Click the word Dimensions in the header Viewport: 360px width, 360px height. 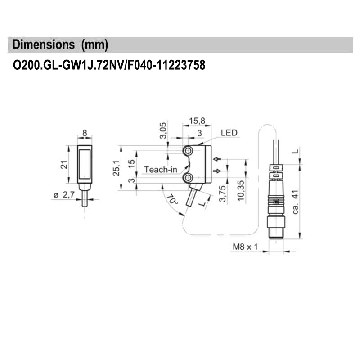click(x=44, y=45)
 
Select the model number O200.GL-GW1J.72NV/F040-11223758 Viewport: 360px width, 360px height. click(x=109, y=66)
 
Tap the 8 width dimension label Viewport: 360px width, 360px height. click(x=84, y=133)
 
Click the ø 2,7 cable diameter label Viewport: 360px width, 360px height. click(x=63, y=195)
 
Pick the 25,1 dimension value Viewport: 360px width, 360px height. click(x=116, y=167)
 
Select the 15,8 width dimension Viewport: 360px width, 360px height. click(x=196, y=121)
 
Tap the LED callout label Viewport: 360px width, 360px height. click(x=229, y=133)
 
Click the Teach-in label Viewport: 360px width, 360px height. click(x=160, y=170)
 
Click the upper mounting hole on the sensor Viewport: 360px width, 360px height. click(x=189, y=150)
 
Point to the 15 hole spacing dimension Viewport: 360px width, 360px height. click(x=131, y=163)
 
